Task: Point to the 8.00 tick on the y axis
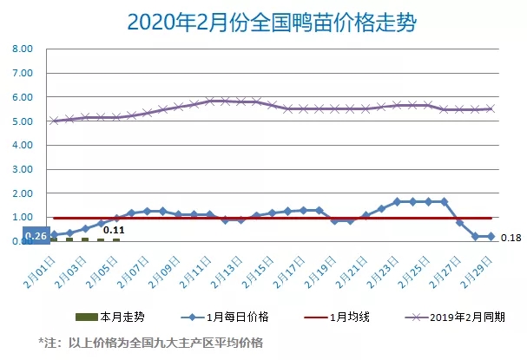point(22,49)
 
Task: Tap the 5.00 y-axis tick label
point(22,121)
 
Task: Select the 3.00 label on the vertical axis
point(22,169)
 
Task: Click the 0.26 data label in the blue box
point(36,236)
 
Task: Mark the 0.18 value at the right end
point(511,238)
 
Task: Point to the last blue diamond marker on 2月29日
point(491,236)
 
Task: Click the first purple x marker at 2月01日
point(54,121)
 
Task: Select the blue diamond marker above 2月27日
point(460,223)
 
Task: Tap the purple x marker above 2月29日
point(491,108)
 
